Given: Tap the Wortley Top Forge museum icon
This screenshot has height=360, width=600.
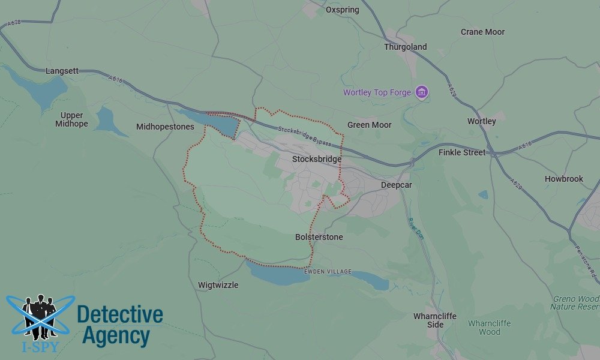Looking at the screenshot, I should (422, 92).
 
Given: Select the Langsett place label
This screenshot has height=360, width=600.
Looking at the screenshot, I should (62, 71).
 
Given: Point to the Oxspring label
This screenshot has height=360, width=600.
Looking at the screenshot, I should (342, 10).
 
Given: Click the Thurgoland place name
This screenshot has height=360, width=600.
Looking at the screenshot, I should (405, 47).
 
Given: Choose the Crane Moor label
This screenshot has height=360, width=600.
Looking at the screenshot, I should (482, 32).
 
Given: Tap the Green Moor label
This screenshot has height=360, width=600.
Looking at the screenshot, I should (369, 125).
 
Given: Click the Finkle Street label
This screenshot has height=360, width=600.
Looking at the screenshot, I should (462, 152).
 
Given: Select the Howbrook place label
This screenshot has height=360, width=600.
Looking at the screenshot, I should (563, 179).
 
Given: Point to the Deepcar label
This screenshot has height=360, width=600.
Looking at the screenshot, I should (396, 185).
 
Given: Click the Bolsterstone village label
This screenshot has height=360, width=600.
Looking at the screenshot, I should (319, 237).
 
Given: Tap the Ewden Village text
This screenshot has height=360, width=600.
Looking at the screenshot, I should (328, 272).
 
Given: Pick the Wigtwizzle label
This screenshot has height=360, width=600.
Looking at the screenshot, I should (218, 285).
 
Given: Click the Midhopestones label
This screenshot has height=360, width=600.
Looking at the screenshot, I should (165, 127).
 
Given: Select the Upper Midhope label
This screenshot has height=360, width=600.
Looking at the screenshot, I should (71, 119).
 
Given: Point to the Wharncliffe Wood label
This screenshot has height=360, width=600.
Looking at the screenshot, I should (489, 328).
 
